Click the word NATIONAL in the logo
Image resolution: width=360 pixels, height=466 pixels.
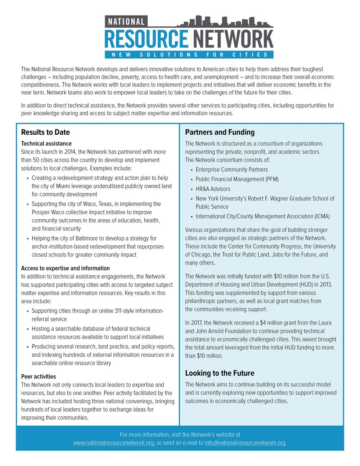tap(126, 22)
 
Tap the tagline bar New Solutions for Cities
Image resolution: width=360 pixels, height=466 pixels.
tap(189, 55)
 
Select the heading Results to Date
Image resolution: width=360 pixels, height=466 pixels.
tap(45, 132)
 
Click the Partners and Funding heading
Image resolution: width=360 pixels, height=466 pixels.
tap(220, 132)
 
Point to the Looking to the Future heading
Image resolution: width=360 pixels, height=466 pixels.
tap(220, 373)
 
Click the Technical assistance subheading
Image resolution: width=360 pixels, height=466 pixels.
tap(46, 143)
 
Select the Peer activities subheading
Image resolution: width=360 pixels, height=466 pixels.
tap(39, 376)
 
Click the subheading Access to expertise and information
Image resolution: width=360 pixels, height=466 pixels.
tap(65, 268)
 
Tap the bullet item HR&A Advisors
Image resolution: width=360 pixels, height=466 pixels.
tap(213, 189)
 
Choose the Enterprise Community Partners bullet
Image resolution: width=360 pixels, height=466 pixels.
tap(231, 170)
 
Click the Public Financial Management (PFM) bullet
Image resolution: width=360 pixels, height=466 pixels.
tap(237, 179)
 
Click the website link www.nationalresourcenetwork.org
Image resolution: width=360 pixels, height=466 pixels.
tap(113, 443)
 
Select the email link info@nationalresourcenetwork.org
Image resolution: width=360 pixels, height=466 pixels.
tap(245, 443)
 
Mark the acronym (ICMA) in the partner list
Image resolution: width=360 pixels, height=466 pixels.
tap(323, 216)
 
